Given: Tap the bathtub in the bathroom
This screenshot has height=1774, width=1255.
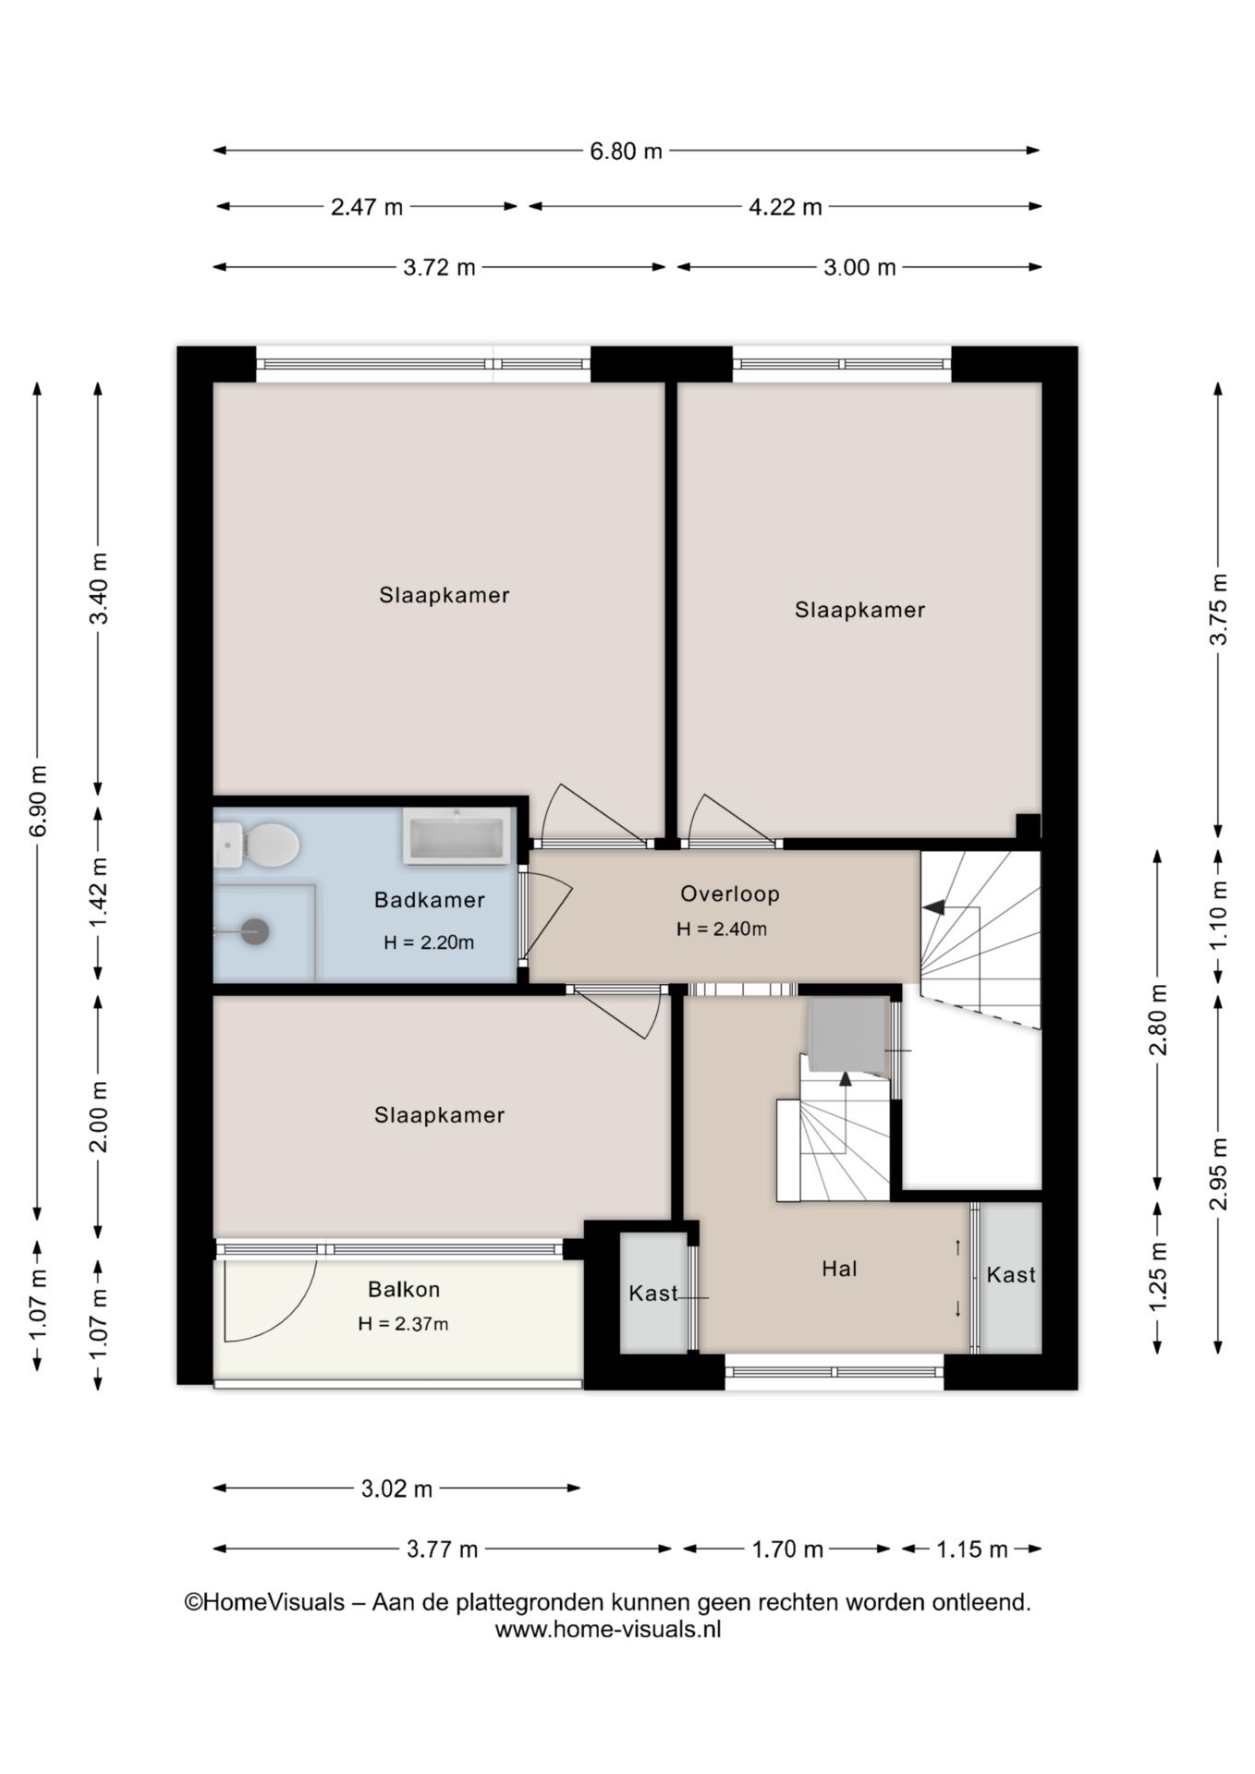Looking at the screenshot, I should click(x=457, y=837).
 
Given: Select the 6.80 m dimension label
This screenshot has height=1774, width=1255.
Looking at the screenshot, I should click(x=626, y=151).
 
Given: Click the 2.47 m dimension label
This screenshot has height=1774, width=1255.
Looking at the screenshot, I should click(x=367, y=207).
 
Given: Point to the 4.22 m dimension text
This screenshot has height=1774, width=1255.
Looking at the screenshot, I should click(x=785, y=207).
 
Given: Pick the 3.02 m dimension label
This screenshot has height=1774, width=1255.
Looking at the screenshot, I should click(x=396, y=1488).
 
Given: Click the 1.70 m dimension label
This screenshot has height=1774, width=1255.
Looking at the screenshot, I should click(x=786, y=1549).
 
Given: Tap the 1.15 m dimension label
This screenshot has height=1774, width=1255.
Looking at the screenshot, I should click(x=971, y=1549).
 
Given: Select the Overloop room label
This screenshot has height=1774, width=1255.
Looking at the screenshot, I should click(x=729, y=893).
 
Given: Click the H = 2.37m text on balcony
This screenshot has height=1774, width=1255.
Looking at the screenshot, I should click(x=403, y=1324).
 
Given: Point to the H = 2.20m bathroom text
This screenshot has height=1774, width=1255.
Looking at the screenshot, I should click(x=429, y=942).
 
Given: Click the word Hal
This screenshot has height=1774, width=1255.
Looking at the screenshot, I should click(x=839, y=1270).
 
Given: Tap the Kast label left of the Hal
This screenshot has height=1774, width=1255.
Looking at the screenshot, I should click(x=652, y=1294).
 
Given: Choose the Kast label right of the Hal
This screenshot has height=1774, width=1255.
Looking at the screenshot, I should click(x=1010, y=1275).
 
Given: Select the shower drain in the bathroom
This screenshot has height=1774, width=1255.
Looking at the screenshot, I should click(x=255, y=931).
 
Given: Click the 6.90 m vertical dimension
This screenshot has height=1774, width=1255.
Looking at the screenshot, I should click(x=38, y=800).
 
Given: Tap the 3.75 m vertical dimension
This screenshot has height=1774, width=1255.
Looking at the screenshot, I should click(x=1219, y=609).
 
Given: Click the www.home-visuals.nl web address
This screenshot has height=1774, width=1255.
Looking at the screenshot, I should click(x=607, y=1630).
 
